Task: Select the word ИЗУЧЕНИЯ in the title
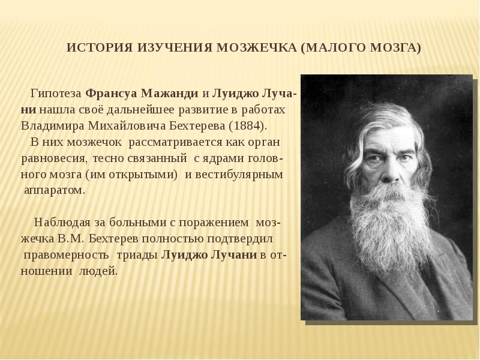[x=168, y=48]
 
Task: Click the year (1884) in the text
[x=248, y=127]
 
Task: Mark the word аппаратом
[x=54, y=190]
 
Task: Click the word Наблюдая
[x=61, y=222]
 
